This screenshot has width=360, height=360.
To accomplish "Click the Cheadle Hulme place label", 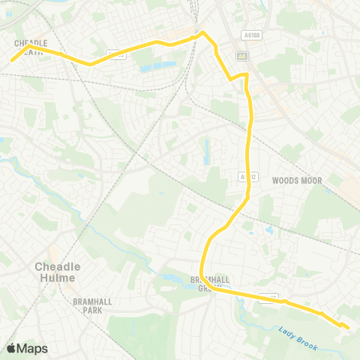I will (57, 271).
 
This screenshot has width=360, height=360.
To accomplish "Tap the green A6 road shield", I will (241, 55).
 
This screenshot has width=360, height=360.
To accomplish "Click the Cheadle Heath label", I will (31, 47).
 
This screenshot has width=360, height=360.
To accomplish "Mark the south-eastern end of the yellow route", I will (348, 327).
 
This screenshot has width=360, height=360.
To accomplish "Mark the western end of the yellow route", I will (12, 60).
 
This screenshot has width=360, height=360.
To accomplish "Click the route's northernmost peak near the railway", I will (201, 31).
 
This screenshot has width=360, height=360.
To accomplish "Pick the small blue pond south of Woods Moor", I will (268, 229).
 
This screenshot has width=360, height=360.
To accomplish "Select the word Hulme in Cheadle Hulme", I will (57, 277).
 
